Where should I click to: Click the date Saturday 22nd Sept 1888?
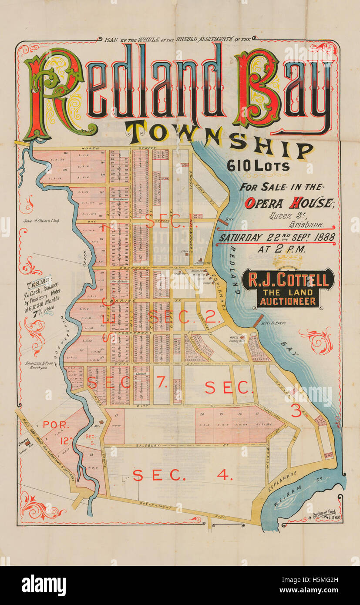pyautogui.click(x=277, y=238)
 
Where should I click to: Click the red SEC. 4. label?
pyautogui.click(x=183, y=475)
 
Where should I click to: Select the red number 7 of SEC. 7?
pyautogui.click(x=161, y=382)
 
